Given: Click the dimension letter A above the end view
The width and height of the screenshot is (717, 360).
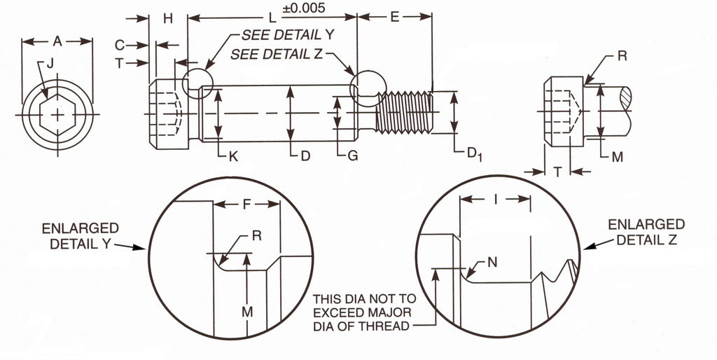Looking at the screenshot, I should pyautogui.click(x=58, y=43).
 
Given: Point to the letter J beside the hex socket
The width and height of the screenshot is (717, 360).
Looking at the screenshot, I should pyautogui.click(x=49, y=65).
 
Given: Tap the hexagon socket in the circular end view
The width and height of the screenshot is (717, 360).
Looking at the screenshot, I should pyautogui.click(x=58, y=114).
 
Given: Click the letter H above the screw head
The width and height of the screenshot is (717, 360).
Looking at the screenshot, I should pyautogui.click(x=168, y=18).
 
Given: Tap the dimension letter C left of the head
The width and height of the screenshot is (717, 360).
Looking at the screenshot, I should pyautogui.click(x=120, y=45).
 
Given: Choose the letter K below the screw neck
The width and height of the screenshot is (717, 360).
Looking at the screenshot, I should pyautogui.click(x=234, y=156).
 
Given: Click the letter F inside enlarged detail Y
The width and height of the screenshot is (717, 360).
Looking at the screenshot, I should pyautogui.click(x=246, y=207).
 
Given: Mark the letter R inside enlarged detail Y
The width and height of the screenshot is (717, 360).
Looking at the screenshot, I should pyautogui.click(x=256, y=236).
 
